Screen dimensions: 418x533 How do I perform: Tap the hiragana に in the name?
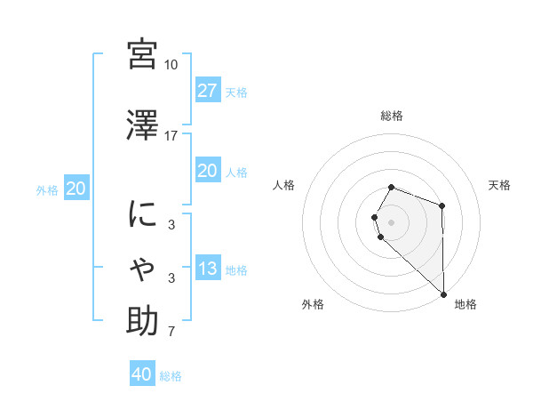(143, 215)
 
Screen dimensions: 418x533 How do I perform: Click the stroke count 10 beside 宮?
(171, 65)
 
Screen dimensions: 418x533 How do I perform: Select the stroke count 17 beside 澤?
(171, 136)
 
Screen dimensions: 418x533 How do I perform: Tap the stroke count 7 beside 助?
(171, 332)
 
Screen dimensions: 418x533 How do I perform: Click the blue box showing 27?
(207, 91)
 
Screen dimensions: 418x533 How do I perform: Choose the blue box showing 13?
(207, 269)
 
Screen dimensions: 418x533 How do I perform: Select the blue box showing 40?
(141, 374)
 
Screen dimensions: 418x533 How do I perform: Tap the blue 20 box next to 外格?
(76, 189)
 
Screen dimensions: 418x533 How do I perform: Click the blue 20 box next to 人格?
(207, 171)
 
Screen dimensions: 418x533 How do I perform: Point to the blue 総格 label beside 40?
(171, 376)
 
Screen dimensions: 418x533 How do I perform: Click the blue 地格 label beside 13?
(236, 270)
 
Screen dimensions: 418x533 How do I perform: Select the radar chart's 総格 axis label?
(392, 116)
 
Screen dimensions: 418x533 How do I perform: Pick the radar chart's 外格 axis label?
(313, 304)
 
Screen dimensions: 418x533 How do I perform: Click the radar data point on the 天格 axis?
(442, 205)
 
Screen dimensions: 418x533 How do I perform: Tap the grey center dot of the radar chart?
(392, 221)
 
